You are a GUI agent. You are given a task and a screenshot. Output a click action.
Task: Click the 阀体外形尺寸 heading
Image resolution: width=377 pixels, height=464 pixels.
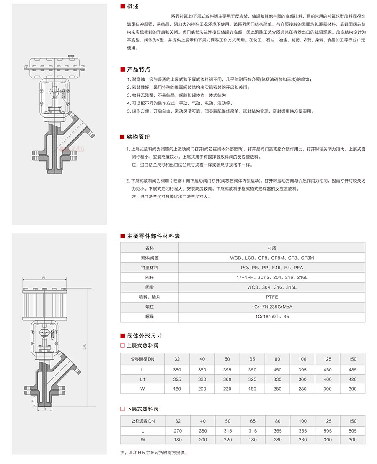click(x=144, y=336)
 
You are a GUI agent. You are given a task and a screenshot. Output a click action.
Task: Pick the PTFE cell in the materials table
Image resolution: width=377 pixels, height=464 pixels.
click(x=271, y=297)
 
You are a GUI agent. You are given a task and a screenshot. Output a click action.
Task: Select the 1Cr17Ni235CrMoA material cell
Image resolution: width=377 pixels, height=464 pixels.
click(x=271, y=307)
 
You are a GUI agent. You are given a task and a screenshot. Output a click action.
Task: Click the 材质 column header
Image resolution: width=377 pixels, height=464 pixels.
click(x=271, y=248)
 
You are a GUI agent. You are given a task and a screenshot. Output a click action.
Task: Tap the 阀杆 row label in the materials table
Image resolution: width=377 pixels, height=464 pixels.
click(x=150, y=277)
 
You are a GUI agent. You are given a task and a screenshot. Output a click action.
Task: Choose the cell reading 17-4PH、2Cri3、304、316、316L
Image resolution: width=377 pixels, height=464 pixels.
click(x=271, y=277)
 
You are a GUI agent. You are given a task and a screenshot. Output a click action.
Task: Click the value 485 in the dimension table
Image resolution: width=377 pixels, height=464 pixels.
click(x=352, y=370)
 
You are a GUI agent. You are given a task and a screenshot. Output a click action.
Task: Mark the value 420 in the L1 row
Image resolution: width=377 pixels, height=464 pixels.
click(x=352, y=379)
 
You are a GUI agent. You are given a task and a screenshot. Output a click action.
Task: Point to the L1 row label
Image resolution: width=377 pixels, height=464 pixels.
click(x=142, y=379)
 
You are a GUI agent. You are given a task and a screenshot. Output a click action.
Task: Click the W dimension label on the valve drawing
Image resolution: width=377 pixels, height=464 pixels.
click(x=44, y=278)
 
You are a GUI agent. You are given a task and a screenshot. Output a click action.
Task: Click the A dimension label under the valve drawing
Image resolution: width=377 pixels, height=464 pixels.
click(x=44, y=409)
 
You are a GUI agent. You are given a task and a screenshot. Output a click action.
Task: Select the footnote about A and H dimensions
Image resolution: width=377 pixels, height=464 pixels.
click(x=153, y=453)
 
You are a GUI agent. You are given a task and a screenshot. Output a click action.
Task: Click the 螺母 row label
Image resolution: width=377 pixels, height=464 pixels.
click(x=150, y=317)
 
